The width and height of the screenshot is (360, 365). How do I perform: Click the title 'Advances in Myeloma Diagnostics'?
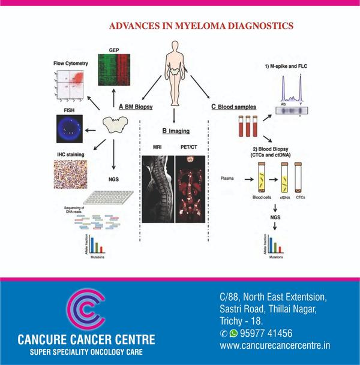pos(201,26)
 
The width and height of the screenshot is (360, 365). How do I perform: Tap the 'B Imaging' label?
pos(173,130)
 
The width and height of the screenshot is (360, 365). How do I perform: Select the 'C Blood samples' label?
pos(233,107)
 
